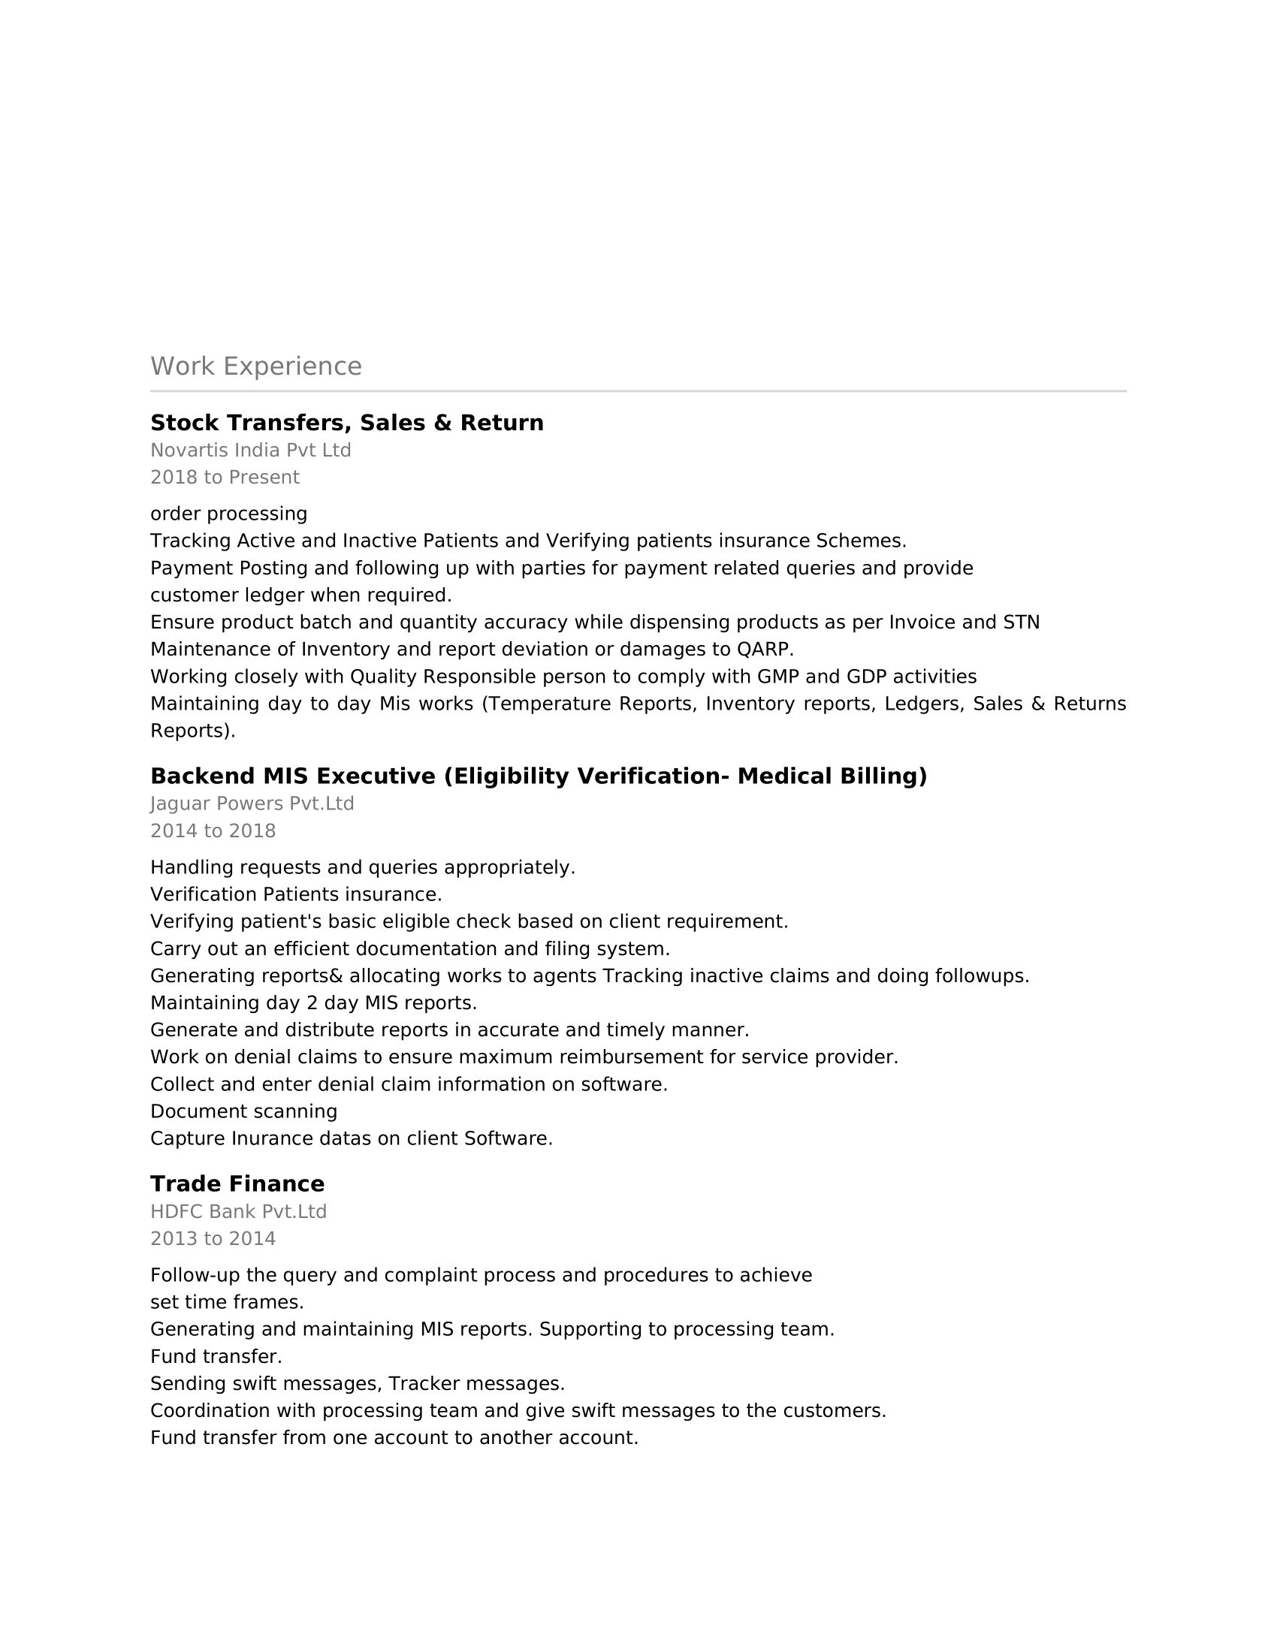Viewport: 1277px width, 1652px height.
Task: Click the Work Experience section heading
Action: [255, 366]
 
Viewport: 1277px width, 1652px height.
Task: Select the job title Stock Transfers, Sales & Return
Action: [346, 423]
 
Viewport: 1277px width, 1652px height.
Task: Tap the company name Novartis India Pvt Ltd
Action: [250, 450]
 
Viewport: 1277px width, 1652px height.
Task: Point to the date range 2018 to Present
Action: [225, 478]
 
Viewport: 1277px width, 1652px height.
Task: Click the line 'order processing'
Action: [228, 514]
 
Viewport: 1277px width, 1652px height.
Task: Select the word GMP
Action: [777, 677]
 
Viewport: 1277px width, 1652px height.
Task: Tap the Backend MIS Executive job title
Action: [538, 776]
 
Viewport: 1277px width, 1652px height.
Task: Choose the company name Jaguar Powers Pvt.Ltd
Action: [252, 803]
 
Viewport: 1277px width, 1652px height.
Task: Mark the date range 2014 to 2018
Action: [213, 831]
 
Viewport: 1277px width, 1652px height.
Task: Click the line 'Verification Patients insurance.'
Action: [296, 894]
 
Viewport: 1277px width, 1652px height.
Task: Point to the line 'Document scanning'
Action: [243, 1111]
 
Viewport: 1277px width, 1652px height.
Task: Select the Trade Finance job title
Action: [237, 1183]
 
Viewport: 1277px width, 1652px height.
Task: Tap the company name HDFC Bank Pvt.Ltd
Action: [238, 1211]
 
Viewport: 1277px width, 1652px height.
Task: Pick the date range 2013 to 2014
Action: [213, 1238]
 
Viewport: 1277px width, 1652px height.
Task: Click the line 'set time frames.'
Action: [227, 1302]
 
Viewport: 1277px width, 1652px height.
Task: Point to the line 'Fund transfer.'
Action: [216, 1356]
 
